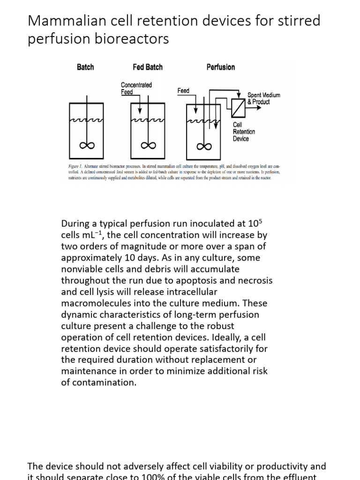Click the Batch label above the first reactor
[x=85, y=67]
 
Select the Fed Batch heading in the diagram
[x=147, y=67]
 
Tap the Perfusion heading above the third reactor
[x=220, y=67]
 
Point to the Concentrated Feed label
[x=136, y=88]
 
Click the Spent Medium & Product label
[x=263, y=98]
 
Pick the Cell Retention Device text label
[x=244, y=132]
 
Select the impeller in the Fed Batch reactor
[x=148, y=146]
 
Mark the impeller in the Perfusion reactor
[x=203, y=146]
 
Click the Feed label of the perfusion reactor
[x=183, y=90]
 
